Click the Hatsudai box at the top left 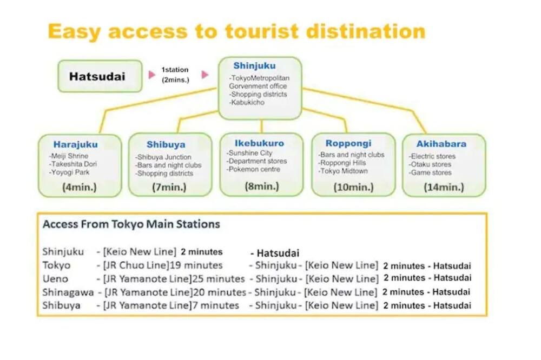pos(100,76)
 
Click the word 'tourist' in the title pos(261,31)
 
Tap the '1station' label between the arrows pos(175,70)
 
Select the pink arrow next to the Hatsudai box pos(152,75)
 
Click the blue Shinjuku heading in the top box pos(254,65)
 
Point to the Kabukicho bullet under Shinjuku pos(247,102)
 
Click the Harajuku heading pos(76,144)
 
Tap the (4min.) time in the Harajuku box pos(80,187)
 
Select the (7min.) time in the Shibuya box pos(169,187)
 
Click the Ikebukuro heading pos(260,143)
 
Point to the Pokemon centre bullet pos(253,169)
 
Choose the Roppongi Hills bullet pos(342,163)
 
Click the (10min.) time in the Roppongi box pos(353,187)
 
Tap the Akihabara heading pos(441,144)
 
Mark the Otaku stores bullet pos(430,164)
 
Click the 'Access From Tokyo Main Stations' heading pos(131,224)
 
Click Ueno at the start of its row pos(55,278)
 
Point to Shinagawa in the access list pos(68,292)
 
